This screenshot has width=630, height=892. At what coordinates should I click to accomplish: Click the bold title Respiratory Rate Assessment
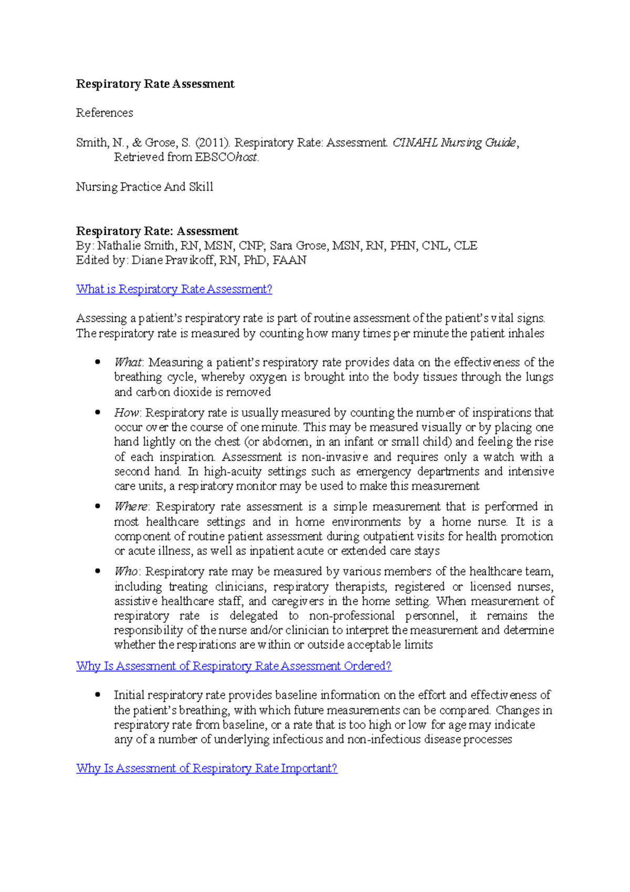coord(155,84)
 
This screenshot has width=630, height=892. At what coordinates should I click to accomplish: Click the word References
coord(104,113)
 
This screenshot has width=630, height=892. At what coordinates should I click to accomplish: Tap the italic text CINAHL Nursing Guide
coord(454,143)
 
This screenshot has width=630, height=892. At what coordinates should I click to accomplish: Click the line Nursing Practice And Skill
coord(144,187)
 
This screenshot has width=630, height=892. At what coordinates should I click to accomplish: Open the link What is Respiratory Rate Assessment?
coord(174,289)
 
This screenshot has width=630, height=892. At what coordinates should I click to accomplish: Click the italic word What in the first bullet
coord(128,362)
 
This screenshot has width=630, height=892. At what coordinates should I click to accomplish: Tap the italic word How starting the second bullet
coord(127,413)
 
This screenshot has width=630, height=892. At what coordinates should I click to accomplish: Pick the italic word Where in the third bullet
coord(131,507)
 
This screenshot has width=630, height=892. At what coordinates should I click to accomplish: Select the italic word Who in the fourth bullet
coord(126,572)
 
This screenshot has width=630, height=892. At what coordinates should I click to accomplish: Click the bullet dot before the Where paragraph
coord(98,506)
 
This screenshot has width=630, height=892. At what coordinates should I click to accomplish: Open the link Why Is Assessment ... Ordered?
coord(234,666)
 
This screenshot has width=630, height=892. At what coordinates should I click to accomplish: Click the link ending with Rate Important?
coord(206,769)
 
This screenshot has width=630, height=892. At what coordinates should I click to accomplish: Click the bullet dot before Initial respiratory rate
coord(98,694)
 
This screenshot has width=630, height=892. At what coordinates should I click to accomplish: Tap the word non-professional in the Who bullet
coord(352,616)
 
